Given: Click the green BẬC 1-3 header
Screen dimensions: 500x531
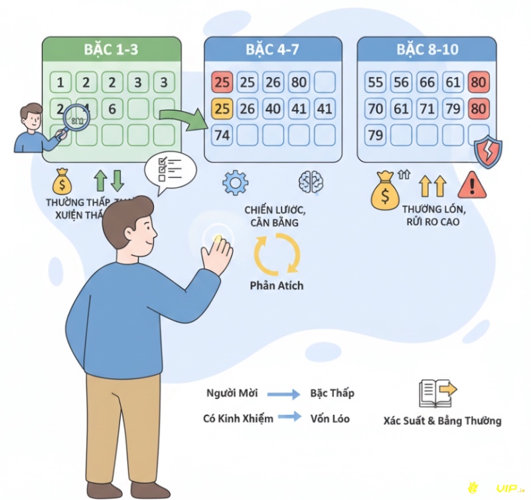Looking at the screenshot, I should (112, 49).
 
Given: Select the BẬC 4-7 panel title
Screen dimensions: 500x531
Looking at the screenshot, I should (273, 49).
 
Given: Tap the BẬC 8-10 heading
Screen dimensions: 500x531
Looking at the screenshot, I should (427, 49).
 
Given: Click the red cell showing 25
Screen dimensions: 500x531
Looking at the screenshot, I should (222, 82).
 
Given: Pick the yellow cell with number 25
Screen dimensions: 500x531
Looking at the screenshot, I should (222, 108).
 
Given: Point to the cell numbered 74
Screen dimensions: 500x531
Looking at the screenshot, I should (222, 135).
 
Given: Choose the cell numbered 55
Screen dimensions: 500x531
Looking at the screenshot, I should (376, 82).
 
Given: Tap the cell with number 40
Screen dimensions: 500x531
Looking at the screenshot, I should (273, 108).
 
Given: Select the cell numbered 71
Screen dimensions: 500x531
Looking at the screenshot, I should (427, 108).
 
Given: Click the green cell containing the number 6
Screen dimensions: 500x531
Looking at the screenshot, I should (112, 109).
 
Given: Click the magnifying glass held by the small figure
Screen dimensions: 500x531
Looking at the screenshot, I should (79, 117).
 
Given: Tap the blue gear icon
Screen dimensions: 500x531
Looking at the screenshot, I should (235, 182).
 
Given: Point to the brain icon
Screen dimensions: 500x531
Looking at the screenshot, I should (311, 182).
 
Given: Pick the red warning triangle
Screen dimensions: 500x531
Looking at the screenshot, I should (472, 184).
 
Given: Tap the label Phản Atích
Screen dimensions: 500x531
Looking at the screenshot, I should (277, 286).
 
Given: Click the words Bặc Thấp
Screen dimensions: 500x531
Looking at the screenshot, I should (332, 393).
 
